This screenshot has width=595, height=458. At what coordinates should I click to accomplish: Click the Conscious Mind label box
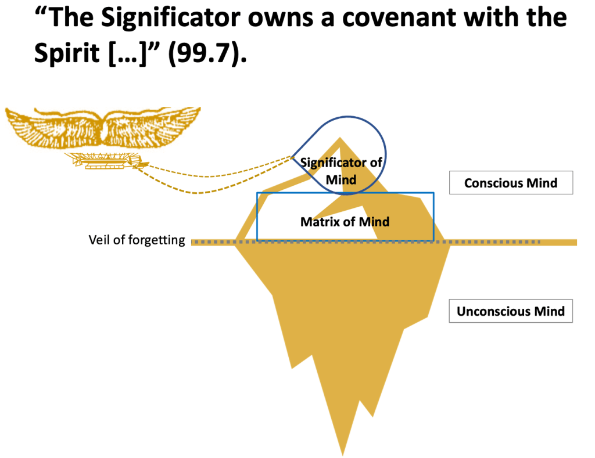click(511, 183)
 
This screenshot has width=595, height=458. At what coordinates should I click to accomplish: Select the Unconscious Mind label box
click(511, 311)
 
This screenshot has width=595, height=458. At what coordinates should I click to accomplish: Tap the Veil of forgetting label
click(137, 240)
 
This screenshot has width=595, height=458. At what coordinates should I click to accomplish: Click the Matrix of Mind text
click(345, 221)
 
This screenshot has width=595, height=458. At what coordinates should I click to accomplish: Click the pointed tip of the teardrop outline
click(292, 157)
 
